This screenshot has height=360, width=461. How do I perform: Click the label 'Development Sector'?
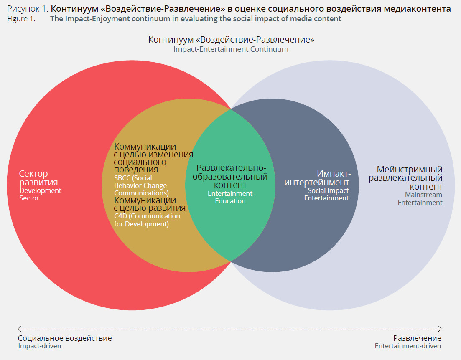40,194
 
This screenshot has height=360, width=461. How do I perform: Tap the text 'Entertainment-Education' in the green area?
231,197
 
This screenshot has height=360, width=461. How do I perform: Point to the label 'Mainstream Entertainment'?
420,198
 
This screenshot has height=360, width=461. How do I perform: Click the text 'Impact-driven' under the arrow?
40,346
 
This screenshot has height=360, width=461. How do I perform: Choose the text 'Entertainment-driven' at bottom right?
408,346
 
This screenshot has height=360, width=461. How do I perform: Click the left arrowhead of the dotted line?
19,329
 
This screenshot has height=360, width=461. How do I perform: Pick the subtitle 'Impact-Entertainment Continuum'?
231,49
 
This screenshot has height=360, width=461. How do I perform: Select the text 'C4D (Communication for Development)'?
147,220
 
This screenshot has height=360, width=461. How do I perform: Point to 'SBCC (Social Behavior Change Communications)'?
141,185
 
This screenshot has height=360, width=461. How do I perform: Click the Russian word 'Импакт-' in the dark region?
334,174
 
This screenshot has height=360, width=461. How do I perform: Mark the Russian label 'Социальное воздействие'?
65,338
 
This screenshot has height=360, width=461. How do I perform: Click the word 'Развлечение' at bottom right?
417,338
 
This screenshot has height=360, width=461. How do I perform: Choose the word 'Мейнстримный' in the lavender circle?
410,170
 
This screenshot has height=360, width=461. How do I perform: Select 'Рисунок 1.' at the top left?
28,8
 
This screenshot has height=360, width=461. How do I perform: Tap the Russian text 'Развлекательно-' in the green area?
231,168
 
